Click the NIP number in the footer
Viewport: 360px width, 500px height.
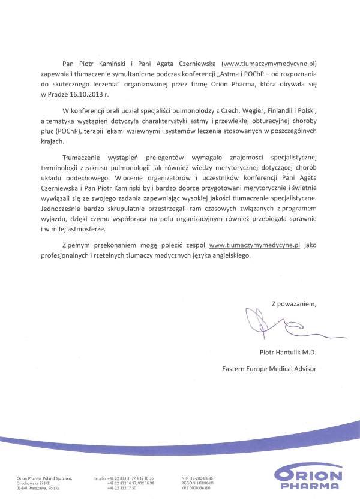pyautogui.click(x=197, y=478)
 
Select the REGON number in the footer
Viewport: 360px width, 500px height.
pyautogui.click(x=197, y=483)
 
